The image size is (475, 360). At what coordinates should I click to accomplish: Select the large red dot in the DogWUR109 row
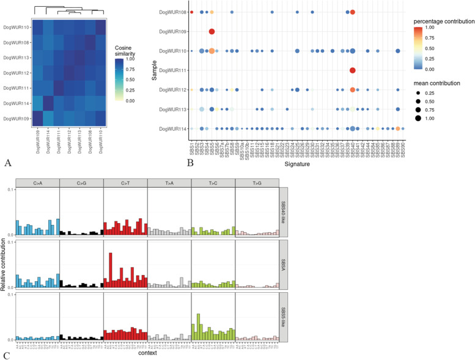pyautogui.click(x=212, y=31)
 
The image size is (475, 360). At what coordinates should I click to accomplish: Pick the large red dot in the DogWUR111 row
pyautogui.click(x=353, y=70)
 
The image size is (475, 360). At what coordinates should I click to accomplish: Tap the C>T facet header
pyautogui.click(x=125, y=182)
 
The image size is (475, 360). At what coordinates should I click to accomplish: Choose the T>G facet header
pyautogui.click(x=257, y=182)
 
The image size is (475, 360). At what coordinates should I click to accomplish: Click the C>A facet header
pyautogui.click(x=37, y=182)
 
